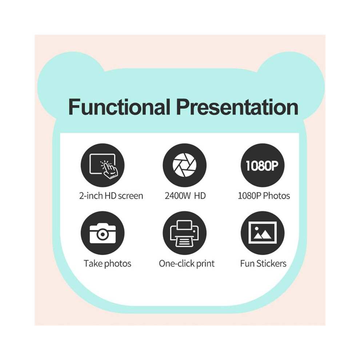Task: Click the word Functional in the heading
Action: click(119, 107)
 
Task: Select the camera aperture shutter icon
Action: click(185, 165)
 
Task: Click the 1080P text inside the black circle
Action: click(262, 165)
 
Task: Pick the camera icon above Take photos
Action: click(103, 233)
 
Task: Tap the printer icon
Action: click(185, 233)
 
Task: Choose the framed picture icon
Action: click(263, 233)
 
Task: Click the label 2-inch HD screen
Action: click(111, 196)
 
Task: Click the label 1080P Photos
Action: click(264, 196)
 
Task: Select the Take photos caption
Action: click(107, 263)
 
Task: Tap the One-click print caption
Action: click(187, 263)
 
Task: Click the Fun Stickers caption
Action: click(263, 263)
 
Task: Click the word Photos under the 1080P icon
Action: click(276, 196)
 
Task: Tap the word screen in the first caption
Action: click(131, 196)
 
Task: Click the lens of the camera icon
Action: click(103, 234)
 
